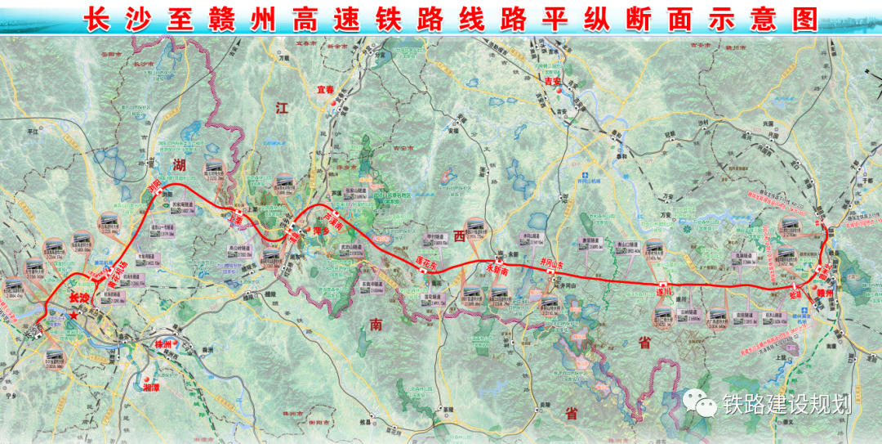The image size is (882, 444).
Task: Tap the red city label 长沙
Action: (x=79, y=298)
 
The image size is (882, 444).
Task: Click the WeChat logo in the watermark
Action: (x=701, y=401)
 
